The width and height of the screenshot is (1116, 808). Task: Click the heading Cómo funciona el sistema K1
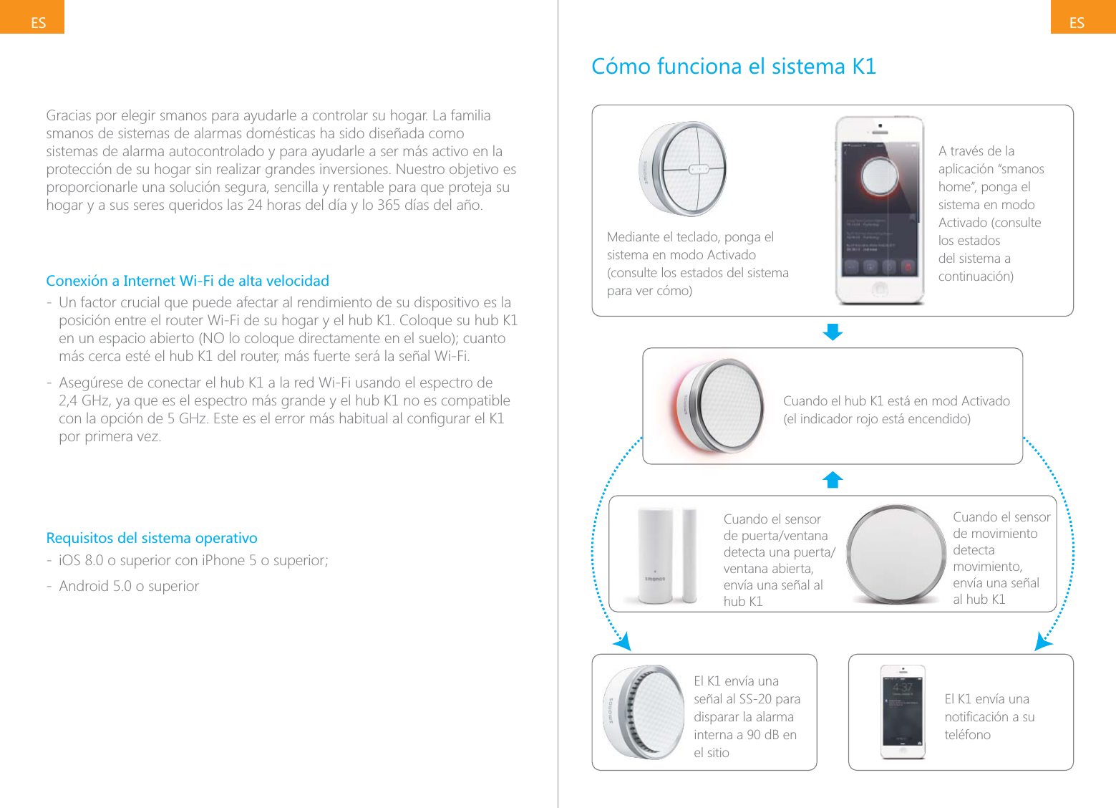click(733, 67)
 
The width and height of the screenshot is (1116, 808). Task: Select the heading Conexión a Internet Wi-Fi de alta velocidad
click(188, 281)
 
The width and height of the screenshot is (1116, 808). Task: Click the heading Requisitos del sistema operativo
click(152, 538)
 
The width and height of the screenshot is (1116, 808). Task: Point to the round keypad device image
click(683, 169)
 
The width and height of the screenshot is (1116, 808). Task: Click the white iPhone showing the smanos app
click(879, 211)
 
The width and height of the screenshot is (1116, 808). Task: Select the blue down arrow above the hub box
click(833, 332)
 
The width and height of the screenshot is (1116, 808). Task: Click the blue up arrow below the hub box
click(833, 479)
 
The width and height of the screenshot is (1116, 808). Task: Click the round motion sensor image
click(896, 554)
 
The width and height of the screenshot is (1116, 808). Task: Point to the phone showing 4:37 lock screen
click(903, 712)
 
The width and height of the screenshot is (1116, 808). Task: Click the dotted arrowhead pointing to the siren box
click(623, 642)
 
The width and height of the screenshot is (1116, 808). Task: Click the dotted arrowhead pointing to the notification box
click(1043, 642)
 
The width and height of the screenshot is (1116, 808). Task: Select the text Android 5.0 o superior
click(129, 586)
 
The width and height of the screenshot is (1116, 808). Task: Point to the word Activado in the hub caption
click(985, 401)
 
